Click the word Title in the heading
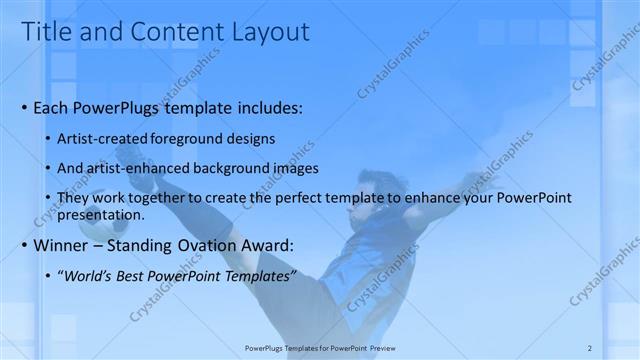tap(46, 32)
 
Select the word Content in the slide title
tap(164, 32)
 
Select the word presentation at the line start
tap(103, 214)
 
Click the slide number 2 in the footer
tap(590, 347)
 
